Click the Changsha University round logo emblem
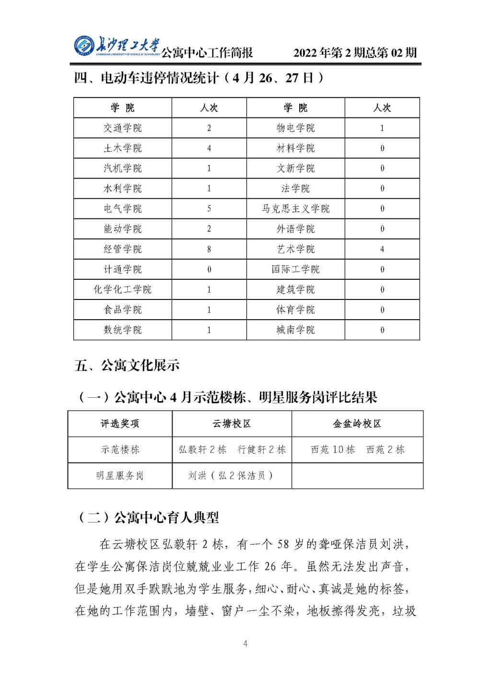84,47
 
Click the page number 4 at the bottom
245,643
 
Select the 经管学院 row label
123,249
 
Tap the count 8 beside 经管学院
209,249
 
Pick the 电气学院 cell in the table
123,209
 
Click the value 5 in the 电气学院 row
209,209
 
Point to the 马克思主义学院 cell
295,209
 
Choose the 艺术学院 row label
295,249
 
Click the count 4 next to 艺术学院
382,249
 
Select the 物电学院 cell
295,128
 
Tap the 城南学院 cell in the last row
295,330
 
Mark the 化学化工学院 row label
123,289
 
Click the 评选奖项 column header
120,424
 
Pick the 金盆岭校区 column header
357,424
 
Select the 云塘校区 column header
232,424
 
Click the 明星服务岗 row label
120,476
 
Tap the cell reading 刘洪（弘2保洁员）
232,476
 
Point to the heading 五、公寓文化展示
127,366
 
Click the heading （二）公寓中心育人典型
148,518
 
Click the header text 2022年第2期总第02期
355,53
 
